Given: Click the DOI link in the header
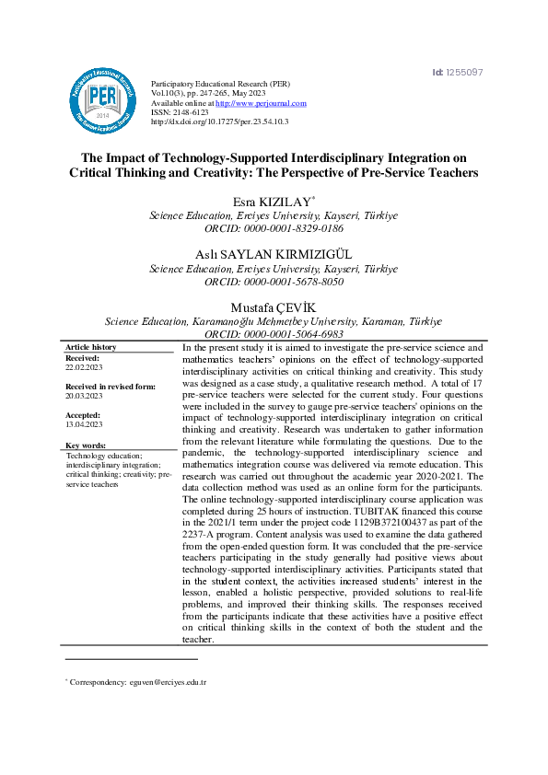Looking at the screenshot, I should coord(219,121).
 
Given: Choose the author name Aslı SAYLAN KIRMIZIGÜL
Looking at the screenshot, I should coord(274,254).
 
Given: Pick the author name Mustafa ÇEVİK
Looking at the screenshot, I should coord(274,307).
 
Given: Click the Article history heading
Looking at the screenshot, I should coord(91,347).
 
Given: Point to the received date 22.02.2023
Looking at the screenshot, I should coord(85,365).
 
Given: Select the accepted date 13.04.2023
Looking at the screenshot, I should coord(85,425).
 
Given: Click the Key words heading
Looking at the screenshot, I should coord(87,445).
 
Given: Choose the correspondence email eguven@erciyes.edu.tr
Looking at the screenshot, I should coord(167,683).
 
